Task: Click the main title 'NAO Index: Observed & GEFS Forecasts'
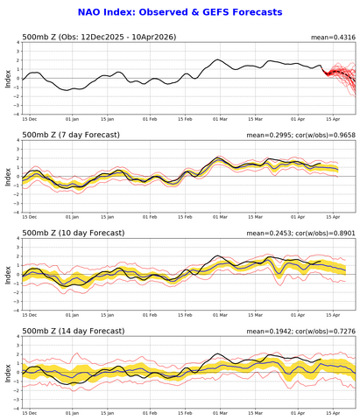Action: [x=180, y=11]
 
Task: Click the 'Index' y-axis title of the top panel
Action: [x=6, y=78]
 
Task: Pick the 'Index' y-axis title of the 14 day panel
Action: [x=6, y=372]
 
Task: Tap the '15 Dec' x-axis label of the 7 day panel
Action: [x=30, y=217]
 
